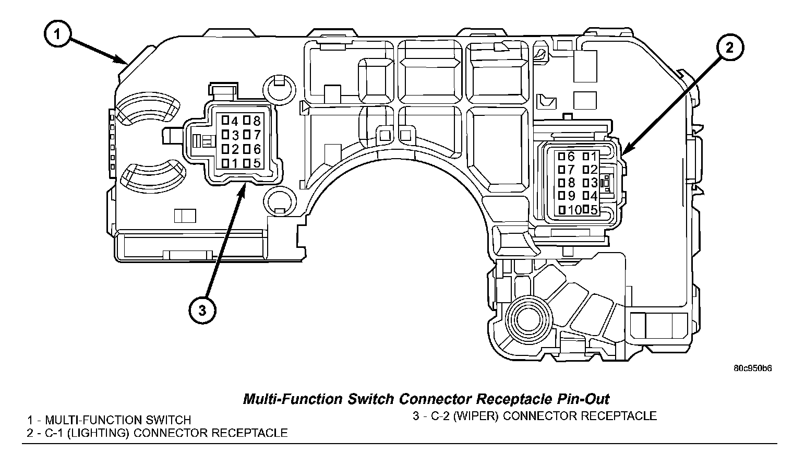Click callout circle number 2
point(729,48)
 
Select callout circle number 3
point(202,310)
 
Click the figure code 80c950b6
point(752,368)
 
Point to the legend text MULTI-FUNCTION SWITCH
point(118,420)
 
